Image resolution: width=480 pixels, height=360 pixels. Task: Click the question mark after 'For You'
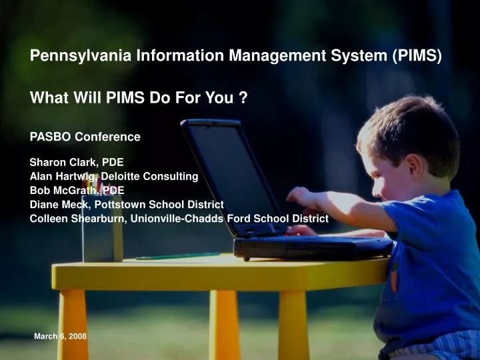(x=244, y=99)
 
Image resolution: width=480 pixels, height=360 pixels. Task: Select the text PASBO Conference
(x=85, y=137)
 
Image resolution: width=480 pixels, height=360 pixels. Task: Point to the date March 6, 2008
(x=60, y=337)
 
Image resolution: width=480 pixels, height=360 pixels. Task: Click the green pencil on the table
(x=177, y=256)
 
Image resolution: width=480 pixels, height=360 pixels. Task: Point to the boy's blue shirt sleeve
(x=400, y=217)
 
